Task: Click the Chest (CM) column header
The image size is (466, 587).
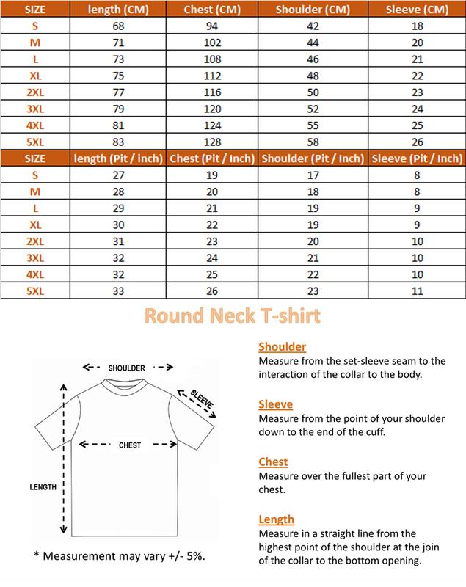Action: point(213,10)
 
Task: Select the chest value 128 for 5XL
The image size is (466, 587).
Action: point(213,142)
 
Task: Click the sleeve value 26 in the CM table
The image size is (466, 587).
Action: point(416,142)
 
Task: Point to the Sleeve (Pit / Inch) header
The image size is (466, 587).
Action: point(416,158)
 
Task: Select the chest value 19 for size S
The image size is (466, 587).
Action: point(213,176)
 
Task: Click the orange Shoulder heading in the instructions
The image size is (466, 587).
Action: point(283,347)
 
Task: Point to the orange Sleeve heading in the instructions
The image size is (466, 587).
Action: point(276,404)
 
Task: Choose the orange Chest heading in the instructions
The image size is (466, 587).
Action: point(273,462)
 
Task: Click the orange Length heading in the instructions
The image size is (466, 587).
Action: point(277,519)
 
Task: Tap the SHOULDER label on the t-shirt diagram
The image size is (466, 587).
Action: point(127,367)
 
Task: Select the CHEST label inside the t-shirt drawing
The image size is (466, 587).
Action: point(130,445)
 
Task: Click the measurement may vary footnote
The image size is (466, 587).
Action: point(120,555)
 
